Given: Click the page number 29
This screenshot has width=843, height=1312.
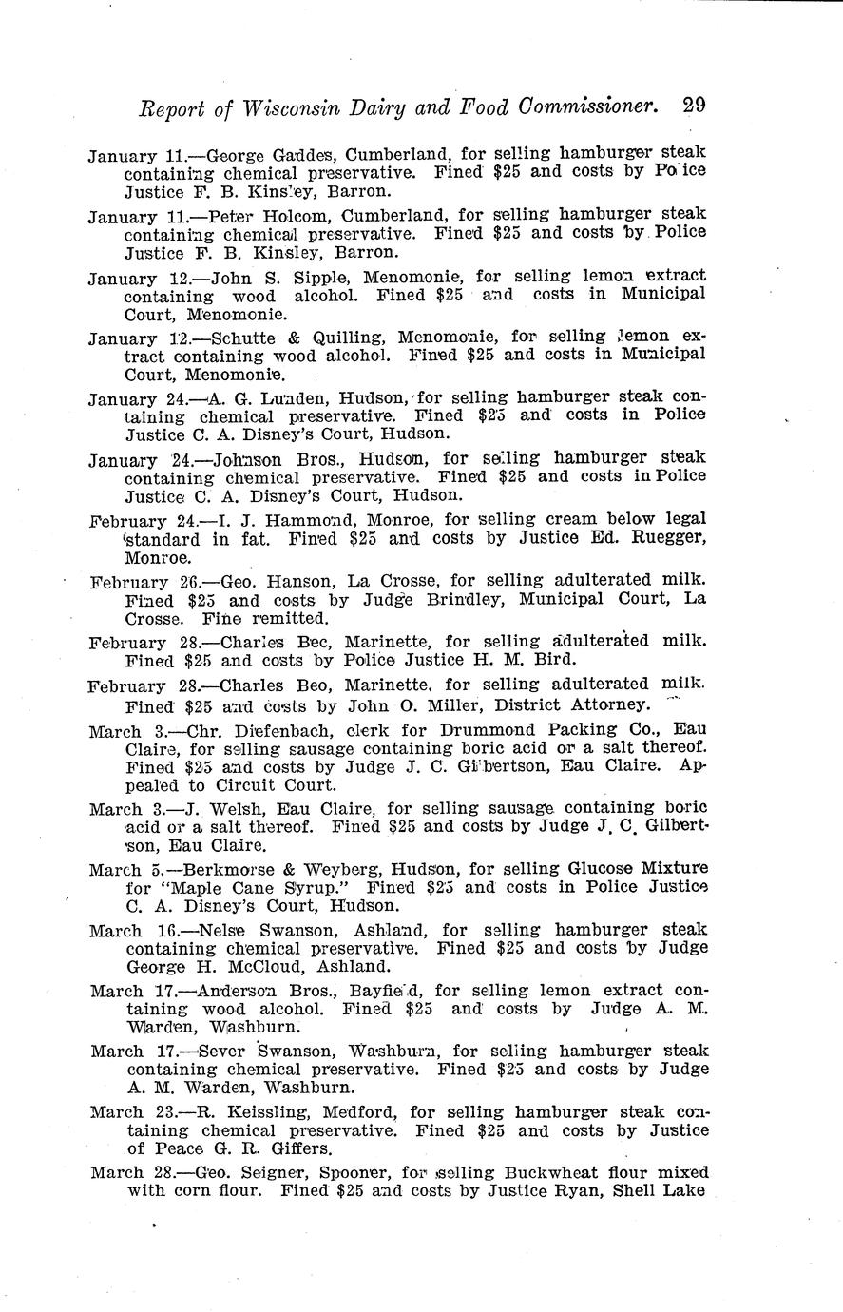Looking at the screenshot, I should (694, 106).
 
